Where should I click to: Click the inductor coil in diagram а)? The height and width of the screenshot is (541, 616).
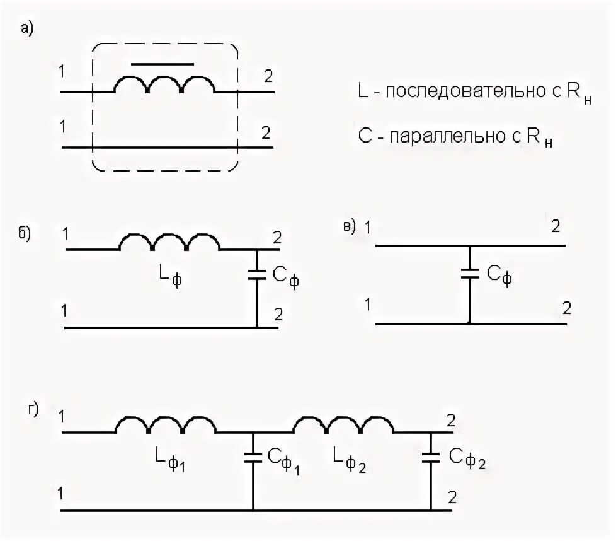(x=164, y=85)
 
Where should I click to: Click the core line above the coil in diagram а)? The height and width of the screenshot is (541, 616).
(x=163, y=64)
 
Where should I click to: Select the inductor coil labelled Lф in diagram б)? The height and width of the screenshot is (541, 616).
(x=169, y=242)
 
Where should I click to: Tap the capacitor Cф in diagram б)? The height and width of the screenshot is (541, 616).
(x=257, y=274)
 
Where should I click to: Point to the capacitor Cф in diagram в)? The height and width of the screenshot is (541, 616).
(x=469, y=273)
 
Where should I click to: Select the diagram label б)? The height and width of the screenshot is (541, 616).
(x=25, y=233)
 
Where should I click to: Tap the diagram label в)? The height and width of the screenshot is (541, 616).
(x=350, y=225)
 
